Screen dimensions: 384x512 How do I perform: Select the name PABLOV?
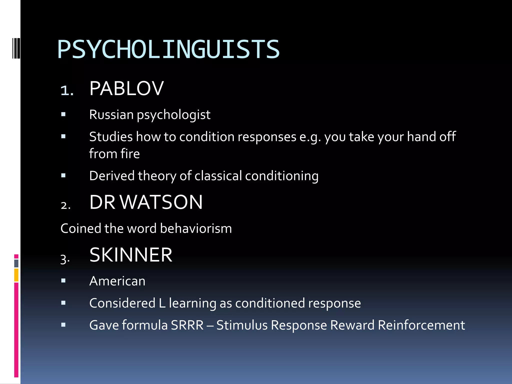126,88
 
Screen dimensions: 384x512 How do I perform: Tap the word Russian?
111,115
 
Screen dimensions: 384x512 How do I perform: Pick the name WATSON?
161,202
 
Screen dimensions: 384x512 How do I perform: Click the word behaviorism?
196,228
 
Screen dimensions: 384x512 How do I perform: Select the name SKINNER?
131,255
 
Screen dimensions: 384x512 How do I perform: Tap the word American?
117,281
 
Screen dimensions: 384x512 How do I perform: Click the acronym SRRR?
187,325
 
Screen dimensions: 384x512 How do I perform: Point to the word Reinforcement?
421,325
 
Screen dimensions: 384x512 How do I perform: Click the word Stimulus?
242,325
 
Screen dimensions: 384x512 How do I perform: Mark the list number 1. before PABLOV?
67,90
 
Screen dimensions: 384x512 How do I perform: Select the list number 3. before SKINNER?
65,259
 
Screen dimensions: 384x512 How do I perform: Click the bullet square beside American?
63,281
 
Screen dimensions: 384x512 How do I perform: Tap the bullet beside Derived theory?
63,175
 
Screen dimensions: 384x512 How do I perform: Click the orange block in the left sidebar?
16,275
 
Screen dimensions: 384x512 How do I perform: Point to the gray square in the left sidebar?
16,263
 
